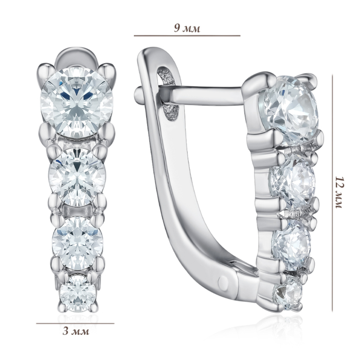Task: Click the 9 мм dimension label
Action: coord(187,28)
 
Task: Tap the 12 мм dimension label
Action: coord(339,192)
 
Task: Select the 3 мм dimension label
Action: coord(76,331)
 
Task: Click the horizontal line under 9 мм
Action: coord(187,36)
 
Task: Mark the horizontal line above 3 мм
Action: coord(75,323)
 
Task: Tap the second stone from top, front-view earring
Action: coord(78,177)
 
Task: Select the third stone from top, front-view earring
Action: coord(77,243)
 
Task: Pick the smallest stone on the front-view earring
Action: coord(78,294)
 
